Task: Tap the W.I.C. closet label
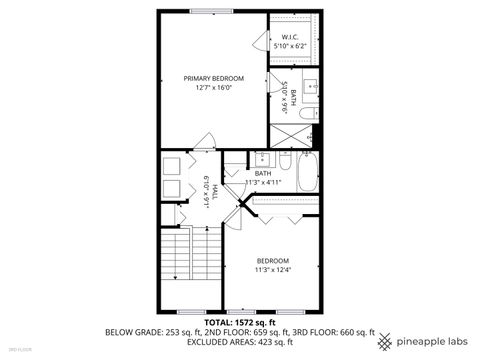[291, 37]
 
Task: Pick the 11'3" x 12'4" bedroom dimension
[273, 269]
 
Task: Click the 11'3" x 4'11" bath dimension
[264, 182]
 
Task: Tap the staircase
[189, 268]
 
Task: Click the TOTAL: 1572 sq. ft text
[240, 323]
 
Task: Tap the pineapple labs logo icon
[385, 341]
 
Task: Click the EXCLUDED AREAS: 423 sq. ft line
[240, 341]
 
